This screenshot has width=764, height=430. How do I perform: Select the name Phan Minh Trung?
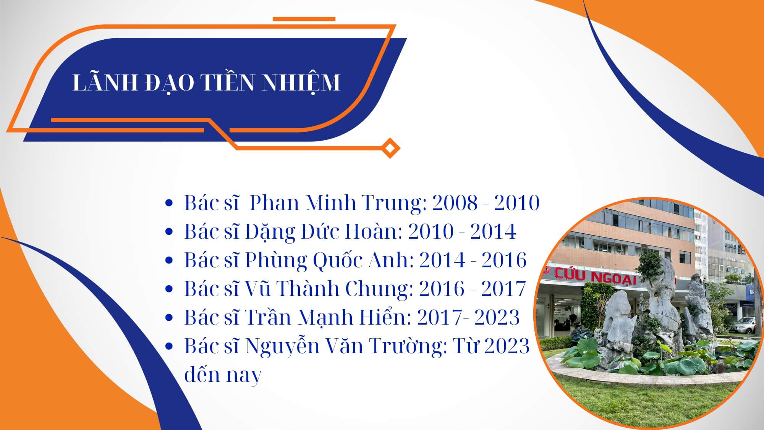click(338, 203)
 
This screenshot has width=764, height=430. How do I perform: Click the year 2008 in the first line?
click(455, 203)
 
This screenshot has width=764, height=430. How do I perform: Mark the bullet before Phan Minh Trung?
click(169, 204)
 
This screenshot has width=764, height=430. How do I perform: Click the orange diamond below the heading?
click(390, 147)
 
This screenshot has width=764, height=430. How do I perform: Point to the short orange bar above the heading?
click(304, 19)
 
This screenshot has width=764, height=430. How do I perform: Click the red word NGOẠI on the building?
click(614, 278)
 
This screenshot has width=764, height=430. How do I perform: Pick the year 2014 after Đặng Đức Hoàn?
click(493, 232)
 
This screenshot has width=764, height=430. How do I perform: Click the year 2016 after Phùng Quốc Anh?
click(504, 260)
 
